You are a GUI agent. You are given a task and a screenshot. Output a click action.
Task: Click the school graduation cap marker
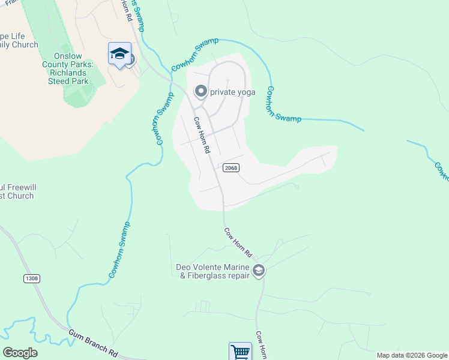click(x=119, y=54)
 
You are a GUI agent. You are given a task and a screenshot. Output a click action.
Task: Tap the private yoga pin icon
click(x=200, y=92)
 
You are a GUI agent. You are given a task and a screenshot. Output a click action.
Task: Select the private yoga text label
click(x=232, y=92)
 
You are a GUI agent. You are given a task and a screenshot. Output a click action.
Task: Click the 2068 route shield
click(x=231, y=167)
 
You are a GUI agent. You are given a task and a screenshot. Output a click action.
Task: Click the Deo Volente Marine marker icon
click(x=259, y=271)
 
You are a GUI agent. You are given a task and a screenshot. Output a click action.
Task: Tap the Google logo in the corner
click(x=20, y=353)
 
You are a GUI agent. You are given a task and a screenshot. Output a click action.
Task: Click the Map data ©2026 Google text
click(x=412, y=355)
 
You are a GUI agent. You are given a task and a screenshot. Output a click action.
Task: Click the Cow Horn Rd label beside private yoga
click(x=202, y=133)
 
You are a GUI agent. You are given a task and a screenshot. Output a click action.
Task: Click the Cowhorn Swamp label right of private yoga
click(x=283, y=106)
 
